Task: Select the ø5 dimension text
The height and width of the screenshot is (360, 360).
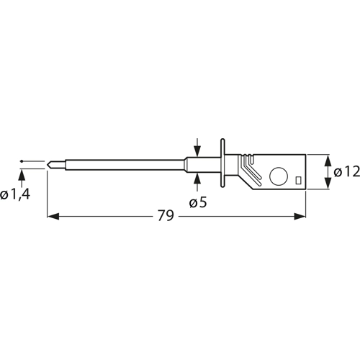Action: [x=198, y=203]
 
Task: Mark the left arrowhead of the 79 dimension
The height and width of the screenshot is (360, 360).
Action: [x=52, y=215]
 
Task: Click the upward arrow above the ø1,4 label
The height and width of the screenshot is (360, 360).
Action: [x=22, y=174]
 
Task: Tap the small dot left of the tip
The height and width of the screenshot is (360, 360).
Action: [x=22, y=161]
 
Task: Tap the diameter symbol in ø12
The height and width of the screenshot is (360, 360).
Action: [x=339, y=173]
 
